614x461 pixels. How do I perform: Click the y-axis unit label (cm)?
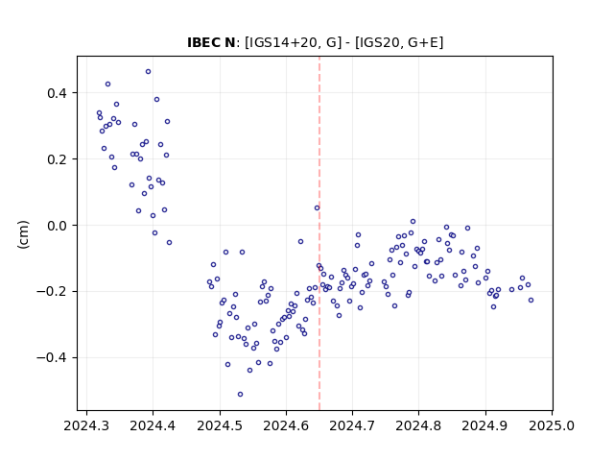[23, 234]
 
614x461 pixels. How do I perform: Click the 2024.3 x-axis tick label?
[86, 425]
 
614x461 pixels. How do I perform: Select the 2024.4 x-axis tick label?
[153, 425]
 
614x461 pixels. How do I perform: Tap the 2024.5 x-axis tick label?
[220, 425]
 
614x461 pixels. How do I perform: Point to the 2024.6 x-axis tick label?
[286, 425]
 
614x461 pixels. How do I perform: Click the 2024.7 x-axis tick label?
[352, 425]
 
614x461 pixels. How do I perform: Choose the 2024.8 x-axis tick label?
[418, 425]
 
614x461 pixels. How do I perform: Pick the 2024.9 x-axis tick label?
[485, 425]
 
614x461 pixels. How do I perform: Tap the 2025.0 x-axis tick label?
[552, 425]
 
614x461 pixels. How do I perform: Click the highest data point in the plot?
[148, 72]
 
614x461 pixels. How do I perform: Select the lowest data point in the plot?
[240, 395]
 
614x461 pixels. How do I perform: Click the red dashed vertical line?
[319, 233]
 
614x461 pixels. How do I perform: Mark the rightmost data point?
[531, 301]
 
